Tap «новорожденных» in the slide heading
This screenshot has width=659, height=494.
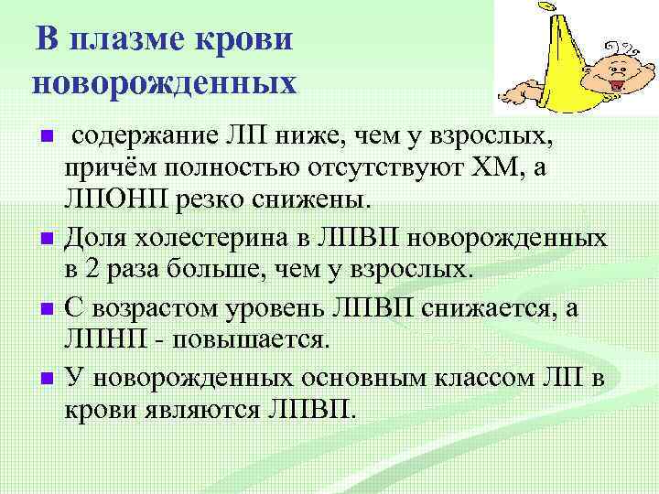click(166, 83)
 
